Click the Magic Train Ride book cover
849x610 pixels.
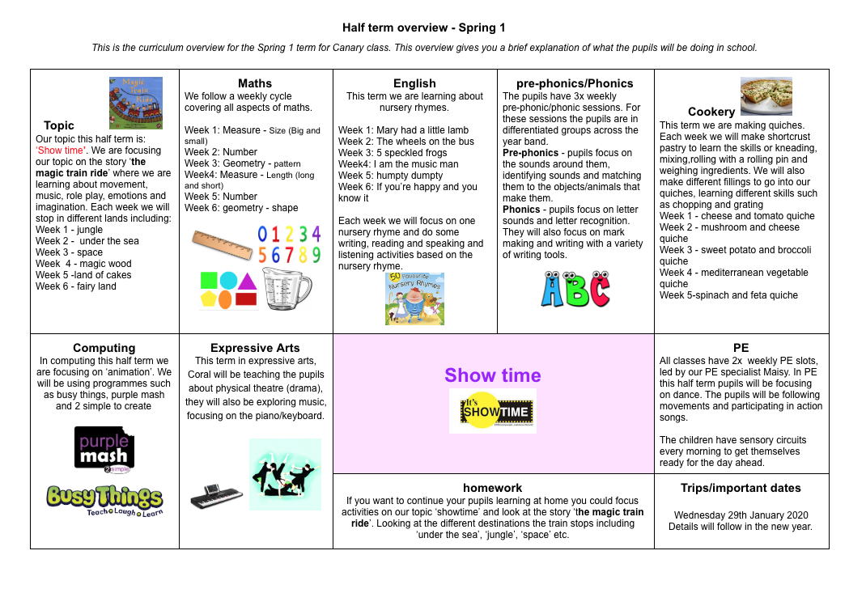coord(135,103)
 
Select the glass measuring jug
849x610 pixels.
coord(286,289)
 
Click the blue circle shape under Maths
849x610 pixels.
coord(228,281)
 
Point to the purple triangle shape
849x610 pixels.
coord(247,281)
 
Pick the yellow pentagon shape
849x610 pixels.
coord(208,299)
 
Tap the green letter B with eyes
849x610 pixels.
coord(575,290)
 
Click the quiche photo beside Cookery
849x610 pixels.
coord(766,96)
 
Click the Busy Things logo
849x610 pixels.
coord(104,499)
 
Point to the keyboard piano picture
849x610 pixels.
coord(216,495)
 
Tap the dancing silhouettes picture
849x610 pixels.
coord(285,474)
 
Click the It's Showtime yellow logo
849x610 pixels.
coord(493,411)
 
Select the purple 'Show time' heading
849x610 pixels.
coord(493,375)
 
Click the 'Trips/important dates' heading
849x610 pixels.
coord(741,488)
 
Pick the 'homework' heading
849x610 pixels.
coord(492,488)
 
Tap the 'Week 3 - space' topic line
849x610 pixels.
coord(70,252)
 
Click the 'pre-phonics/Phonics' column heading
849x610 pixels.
coord(575,83)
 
